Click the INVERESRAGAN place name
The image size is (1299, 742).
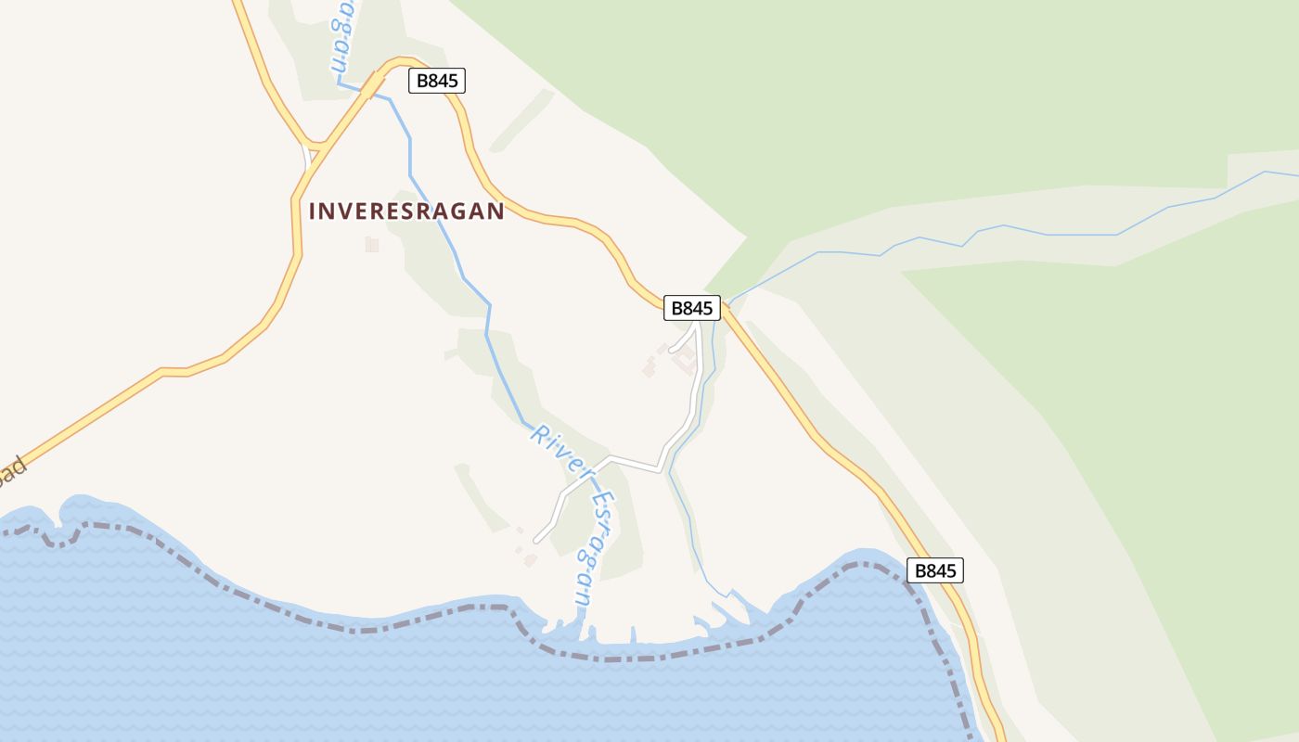point(406,211)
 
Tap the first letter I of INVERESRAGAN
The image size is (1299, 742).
point(313,211)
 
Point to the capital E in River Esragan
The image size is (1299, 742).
point(598,501)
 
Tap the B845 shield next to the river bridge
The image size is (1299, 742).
point(436,81)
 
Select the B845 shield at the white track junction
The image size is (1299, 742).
point(692,308)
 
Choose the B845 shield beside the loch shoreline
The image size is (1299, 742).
point(934,570)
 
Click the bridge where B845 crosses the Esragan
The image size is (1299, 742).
point(373,86)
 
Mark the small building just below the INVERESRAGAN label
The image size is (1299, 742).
point(372,244)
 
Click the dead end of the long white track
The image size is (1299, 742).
point(535,540)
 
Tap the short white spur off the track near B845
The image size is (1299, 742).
point(680,343)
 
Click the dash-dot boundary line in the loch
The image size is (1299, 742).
point(371,629)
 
